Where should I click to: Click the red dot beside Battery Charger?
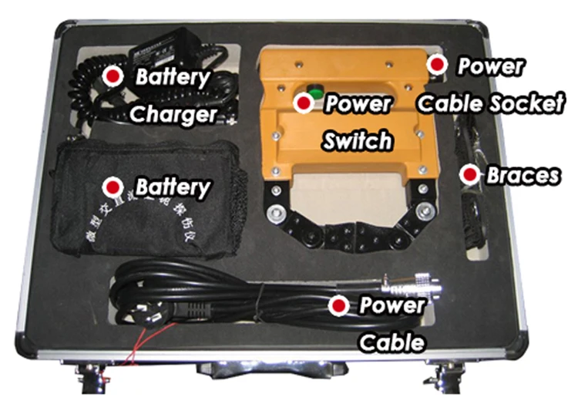[x=114, y=76]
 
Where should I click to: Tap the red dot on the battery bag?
[x=114, y=187]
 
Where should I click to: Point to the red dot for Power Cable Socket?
[x=438, y=65]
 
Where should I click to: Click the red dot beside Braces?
[x=467, y=175]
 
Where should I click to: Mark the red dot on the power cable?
[x=338, y=306]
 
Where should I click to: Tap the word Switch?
[x=359, y=141]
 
